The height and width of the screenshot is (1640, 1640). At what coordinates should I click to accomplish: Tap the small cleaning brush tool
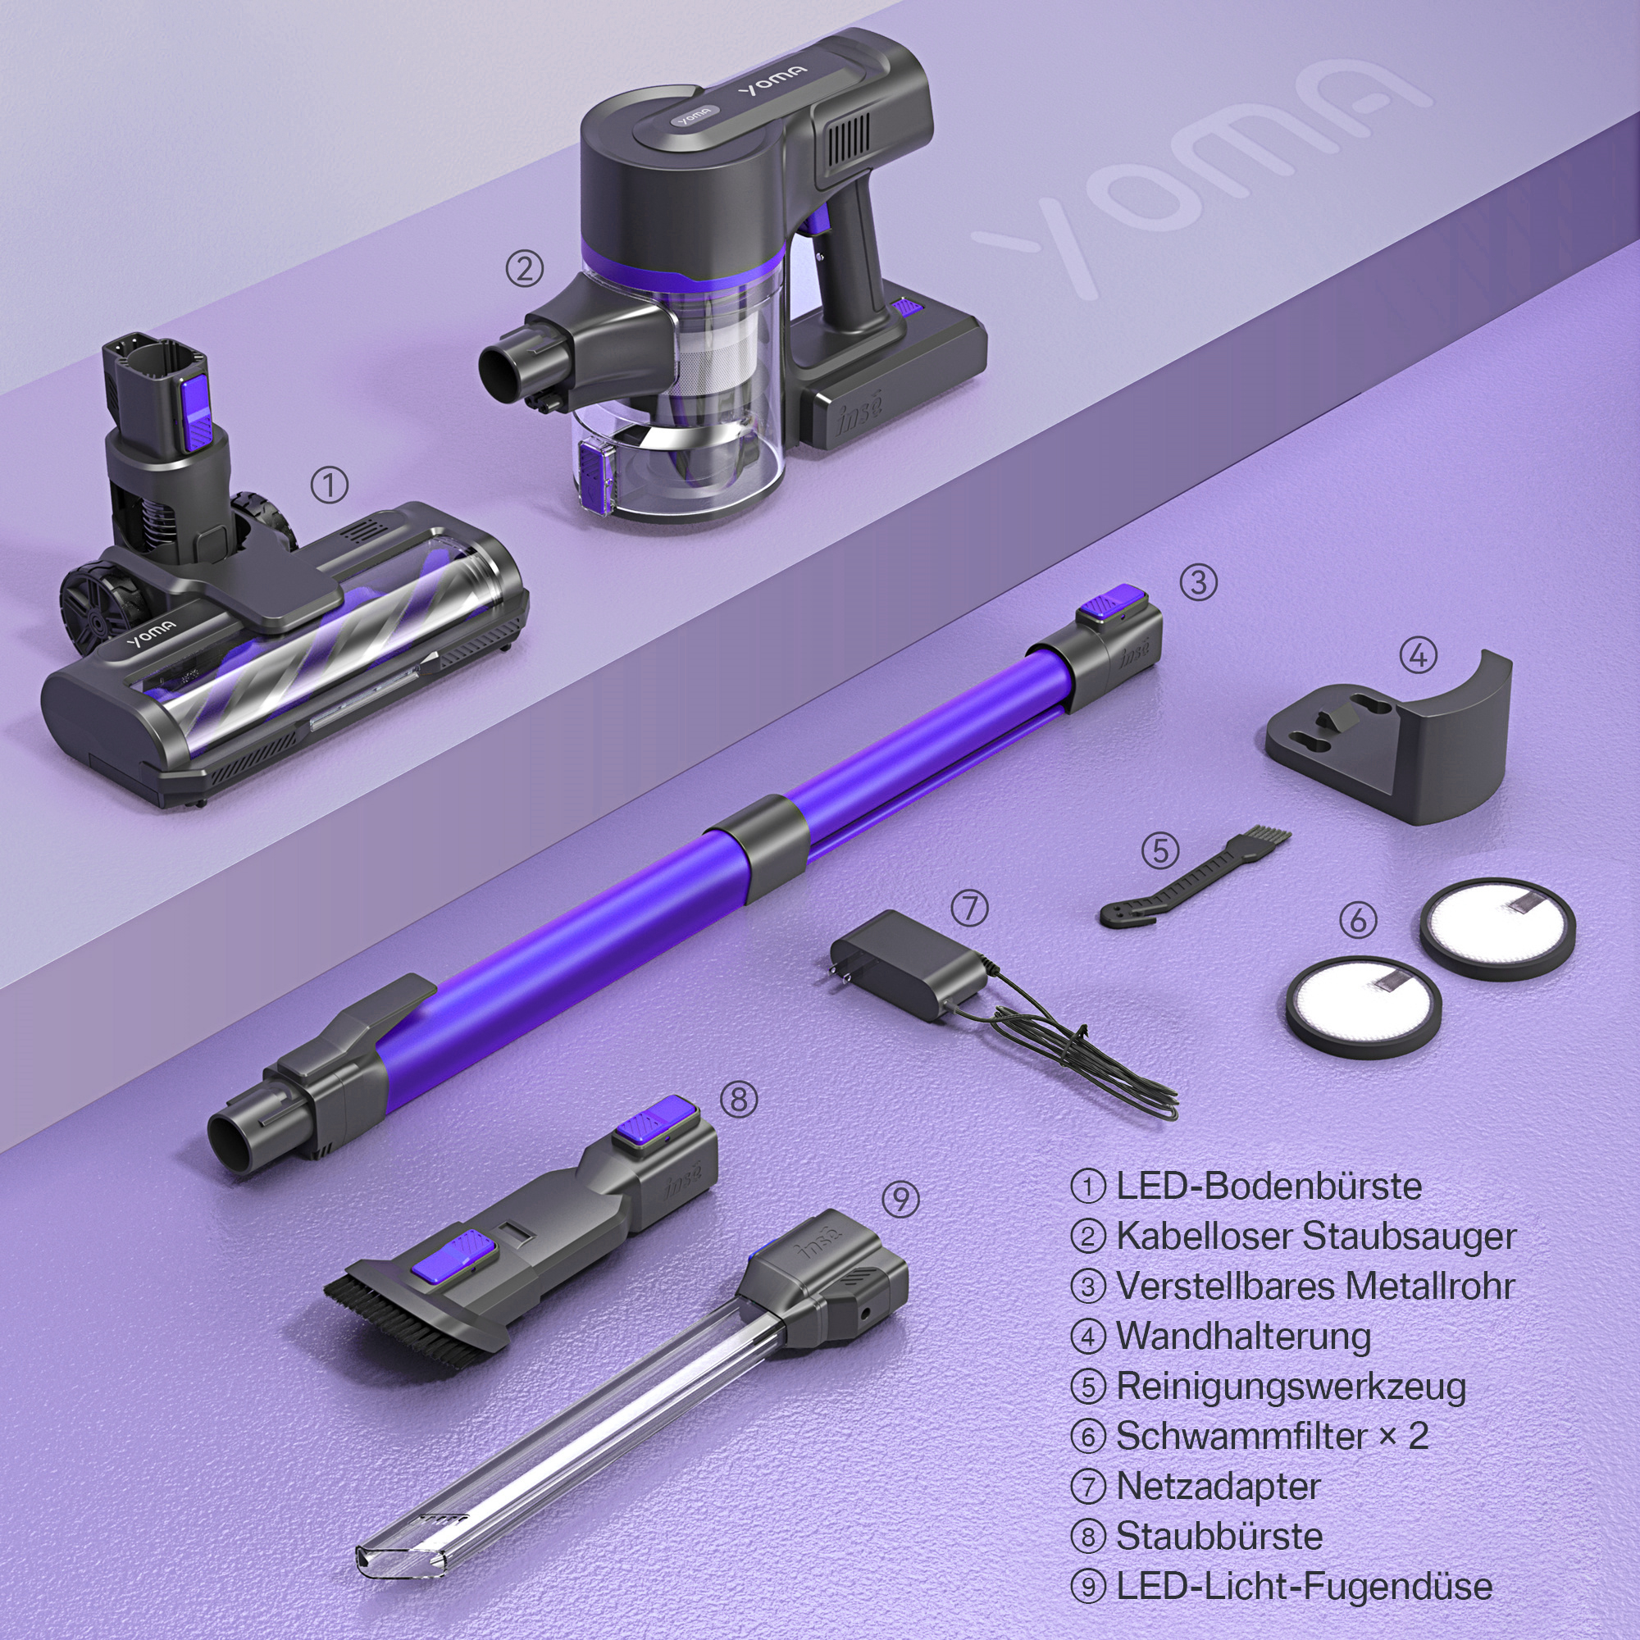[1196, 879]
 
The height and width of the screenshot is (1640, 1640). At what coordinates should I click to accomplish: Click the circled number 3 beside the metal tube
[1199, 583]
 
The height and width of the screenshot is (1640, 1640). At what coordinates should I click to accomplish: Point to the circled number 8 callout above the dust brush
[739, 1100]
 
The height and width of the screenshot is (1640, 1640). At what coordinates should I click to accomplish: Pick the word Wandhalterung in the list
[1243, 1336]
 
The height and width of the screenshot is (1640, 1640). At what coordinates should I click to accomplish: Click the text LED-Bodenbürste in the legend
[1269, 1186]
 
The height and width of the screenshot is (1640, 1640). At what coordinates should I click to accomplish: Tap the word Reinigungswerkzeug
[1290, 1386]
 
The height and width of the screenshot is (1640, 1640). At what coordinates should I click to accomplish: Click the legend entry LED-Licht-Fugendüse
[1303, 1587]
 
